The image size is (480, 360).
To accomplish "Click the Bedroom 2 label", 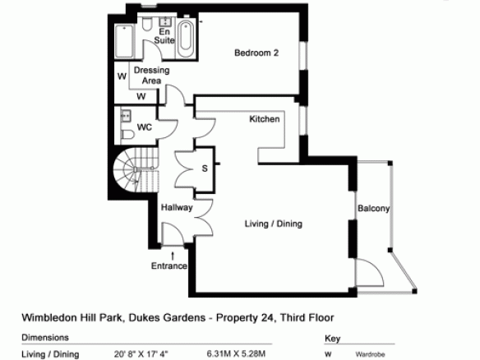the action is click(256, 53).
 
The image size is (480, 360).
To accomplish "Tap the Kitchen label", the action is click(265, 119).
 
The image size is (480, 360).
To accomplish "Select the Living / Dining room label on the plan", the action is click(274, 224).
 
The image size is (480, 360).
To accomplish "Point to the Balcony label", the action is click(373, 209).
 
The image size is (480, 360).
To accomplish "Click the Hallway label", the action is click(177, 208).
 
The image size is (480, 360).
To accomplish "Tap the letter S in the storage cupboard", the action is click(205, 168).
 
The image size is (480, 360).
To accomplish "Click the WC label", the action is click(145, 127).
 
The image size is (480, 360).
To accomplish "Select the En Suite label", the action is click(164, 36).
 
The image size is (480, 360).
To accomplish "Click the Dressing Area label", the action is click(152, 76).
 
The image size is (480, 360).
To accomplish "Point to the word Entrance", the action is click(169, 265).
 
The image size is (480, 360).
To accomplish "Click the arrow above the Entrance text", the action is click(173, 256).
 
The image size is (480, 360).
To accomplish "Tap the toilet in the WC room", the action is click(128, 135).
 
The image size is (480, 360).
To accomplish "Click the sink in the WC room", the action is click(126, 115).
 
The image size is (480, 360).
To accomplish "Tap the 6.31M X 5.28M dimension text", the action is click(236, 354).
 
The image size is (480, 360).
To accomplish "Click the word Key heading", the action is click(332, 339).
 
